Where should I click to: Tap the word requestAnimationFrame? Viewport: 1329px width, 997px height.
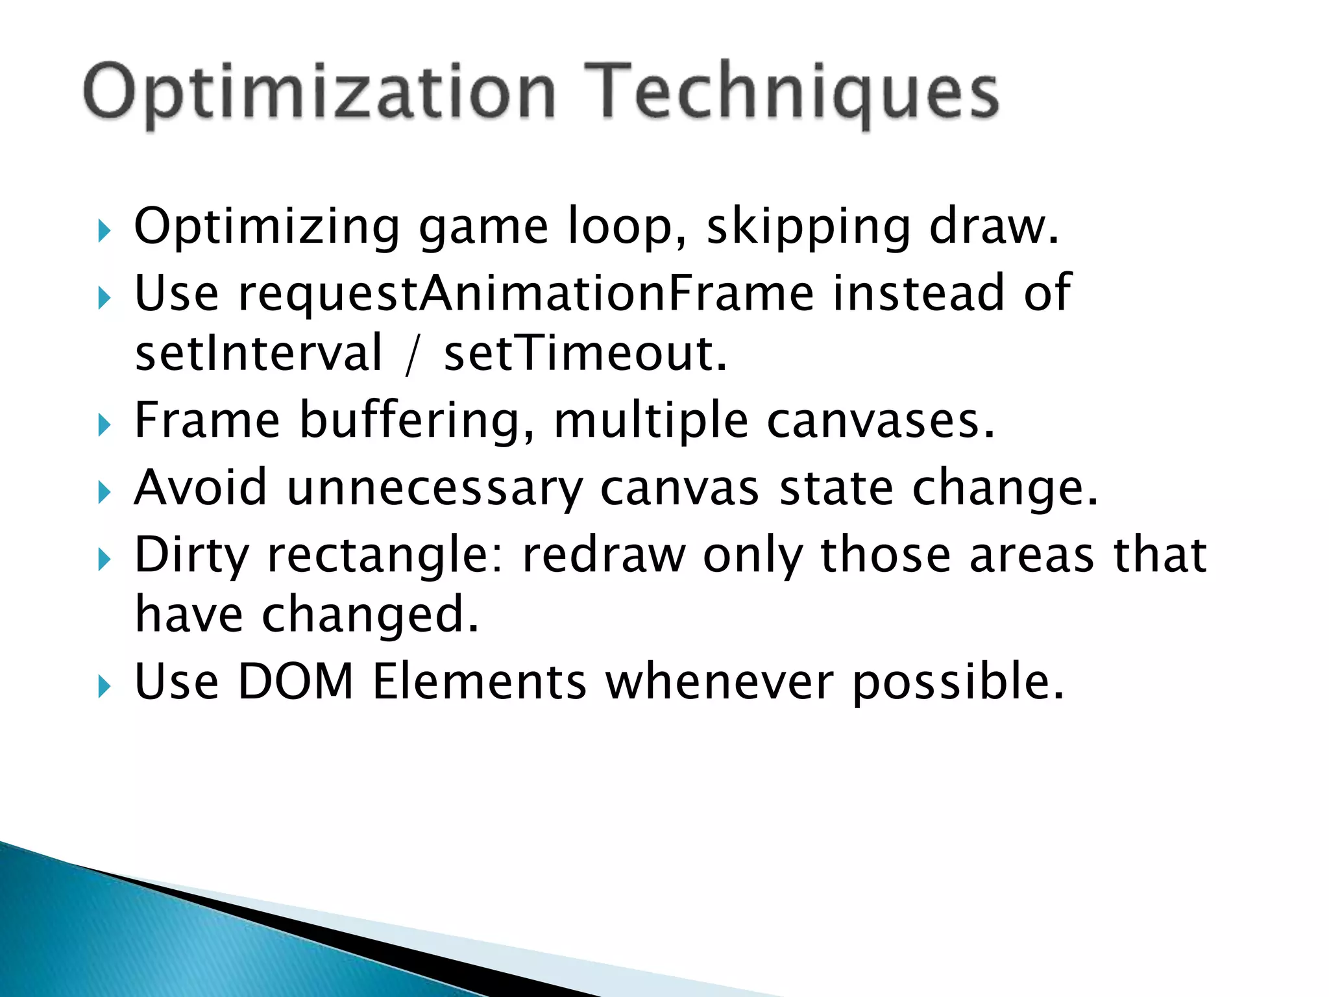526,293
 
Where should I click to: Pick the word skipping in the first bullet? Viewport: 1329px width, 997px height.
809,227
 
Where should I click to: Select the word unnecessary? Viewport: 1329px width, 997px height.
435,488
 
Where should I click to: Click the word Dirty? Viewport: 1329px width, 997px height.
191,556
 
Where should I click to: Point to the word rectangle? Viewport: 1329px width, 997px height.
385,556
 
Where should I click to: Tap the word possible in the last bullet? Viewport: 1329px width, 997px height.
958,683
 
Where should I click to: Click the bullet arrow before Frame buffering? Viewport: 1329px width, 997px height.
104,426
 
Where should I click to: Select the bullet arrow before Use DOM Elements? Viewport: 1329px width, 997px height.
104,686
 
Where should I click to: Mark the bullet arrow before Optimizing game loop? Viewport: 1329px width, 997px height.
104,231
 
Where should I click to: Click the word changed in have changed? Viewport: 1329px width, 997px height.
370,615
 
